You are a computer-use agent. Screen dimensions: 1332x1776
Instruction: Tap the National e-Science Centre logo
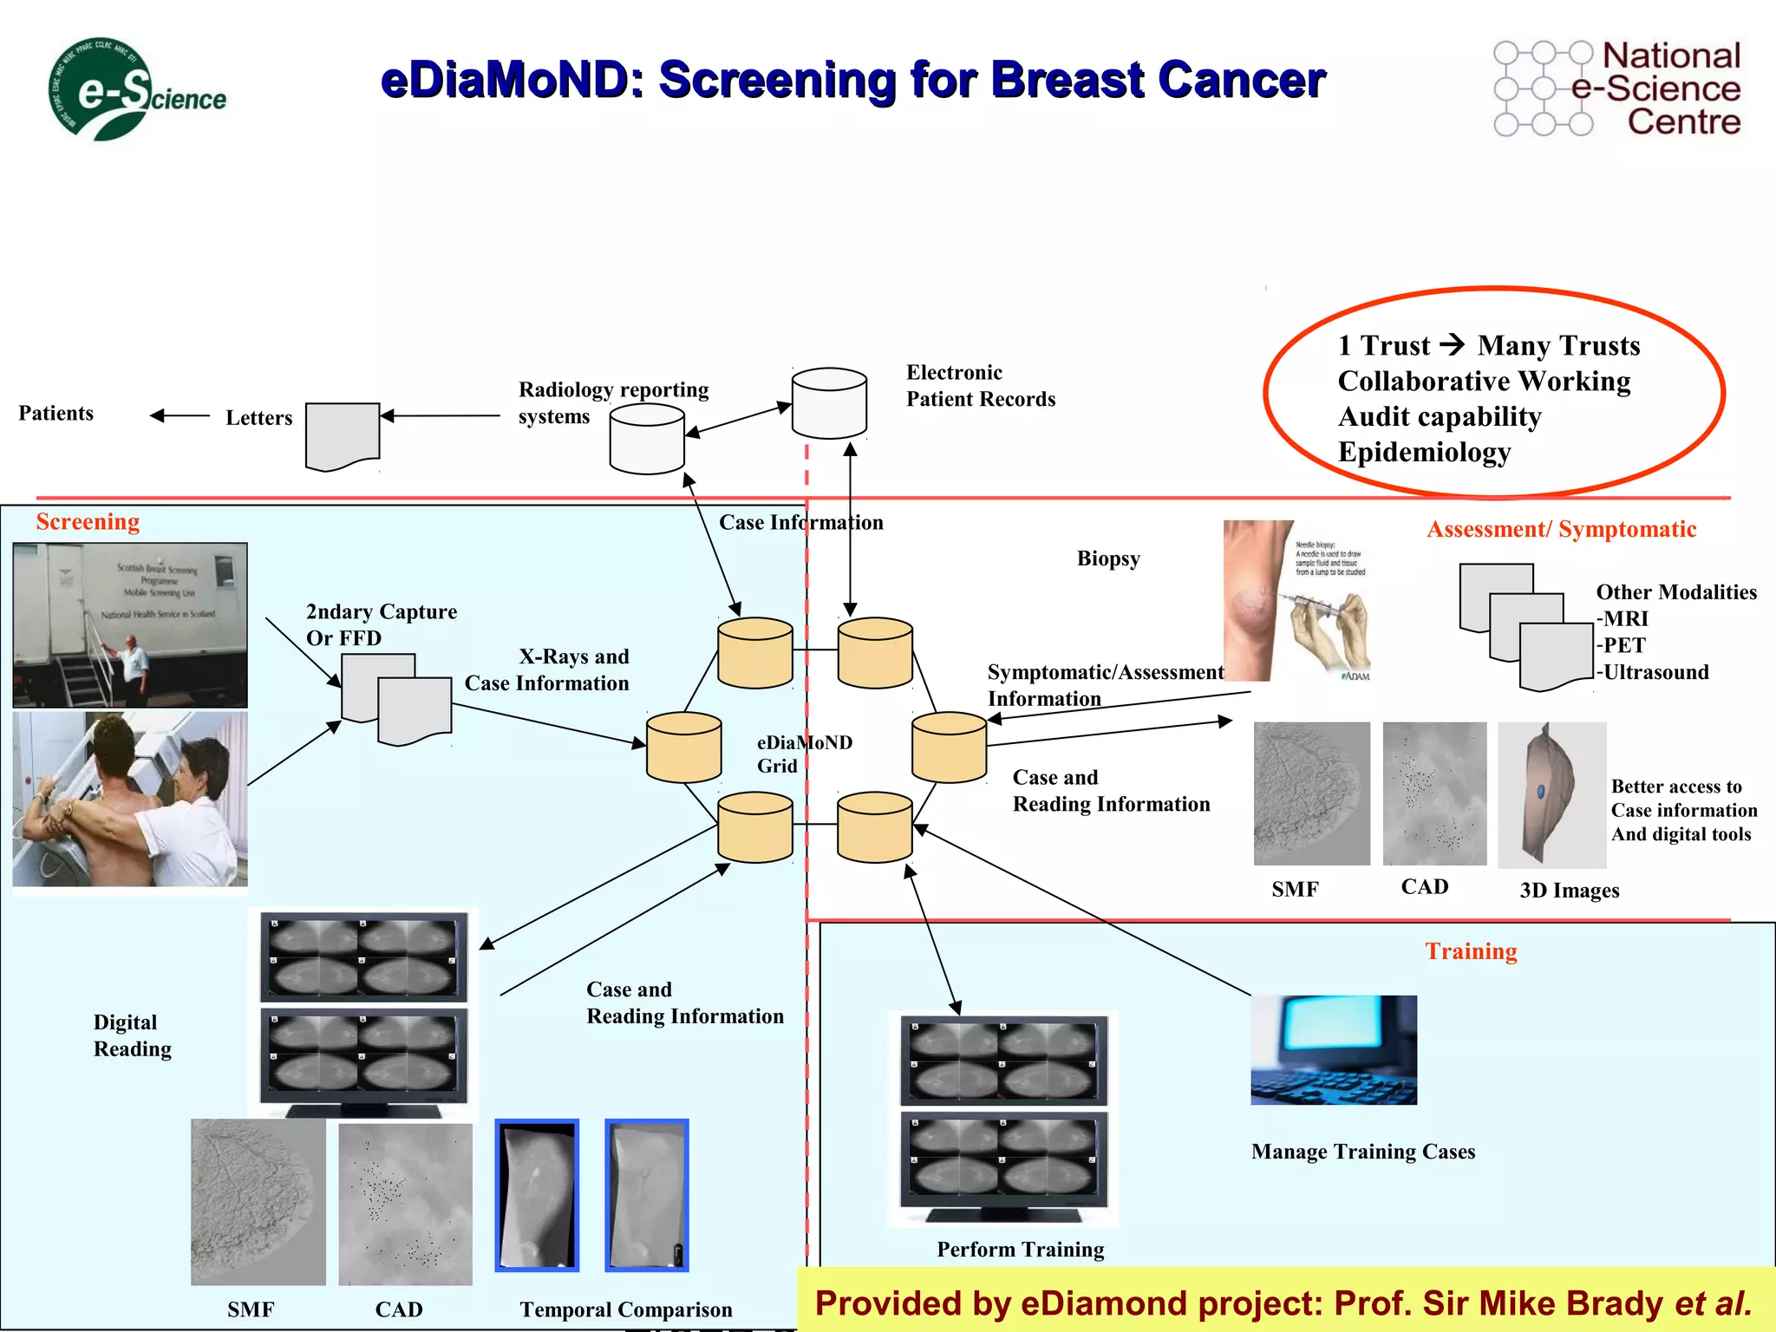pyautogui.click(x=1617, y=89)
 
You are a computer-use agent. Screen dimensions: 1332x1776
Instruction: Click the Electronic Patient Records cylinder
pyautogui.click(x=829, y=404)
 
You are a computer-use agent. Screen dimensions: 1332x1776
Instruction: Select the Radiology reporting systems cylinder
pyautogui.click(x=647, y=440)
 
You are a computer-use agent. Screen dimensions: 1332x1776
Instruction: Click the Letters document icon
pyautogui.click(x=343, y=436)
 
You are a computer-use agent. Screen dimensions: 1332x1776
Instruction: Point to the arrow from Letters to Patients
pyautogui.click(x=180, y=416)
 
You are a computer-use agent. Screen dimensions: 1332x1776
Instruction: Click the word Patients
pyautogui.click(x=55, y=414)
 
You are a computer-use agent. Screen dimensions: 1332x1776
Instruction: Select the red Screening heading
pyautogui.click(x=88, y=522)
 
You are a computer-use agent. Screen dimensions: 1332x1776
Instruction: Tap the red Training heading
pyautogui.click(x=1471, y=951)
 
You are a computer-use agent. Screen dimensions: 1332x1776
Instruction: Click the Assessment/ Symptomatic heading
pyautogui.click(x=1561, y=529)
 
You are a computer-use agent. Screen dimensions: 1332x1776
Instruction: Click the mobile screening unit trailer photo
pyautogui.click(x=130, y=625)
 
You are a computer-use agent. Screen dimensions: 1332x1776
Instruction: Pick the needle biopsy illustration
pyautogui.click(x=1297, y=601)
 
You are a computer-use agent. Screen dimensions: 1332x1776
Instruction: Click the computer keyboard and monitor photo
pyautogui.click(x=1333, y=1050)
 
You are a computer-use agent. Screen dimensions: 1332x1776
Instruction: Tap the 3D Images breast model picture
pyautogui.click(x=1551, y=795)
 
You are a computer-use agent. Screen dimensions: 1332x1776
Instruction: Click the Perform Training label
pyautogui.click(x=1020, y=1250)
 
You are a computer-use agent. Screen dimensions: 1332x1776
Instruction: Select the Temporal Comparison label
pyautogui.click(x=625, y=1309)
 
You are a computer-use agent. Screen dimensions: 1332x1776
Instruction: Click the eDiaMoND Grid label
pyautogui.click(x=803, y=754)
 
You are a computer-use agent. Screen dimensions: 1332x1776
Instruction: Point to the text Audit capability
pyautogui.click(x=1440, y=417)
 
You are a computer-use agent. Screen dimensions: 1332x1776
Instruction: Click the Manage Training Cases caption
pyautogui.click(x=1362, y=1152)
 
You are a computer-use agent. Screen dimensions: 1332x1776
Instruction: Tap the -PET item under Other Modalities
pyautogui.click(x=1621, y=645)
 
